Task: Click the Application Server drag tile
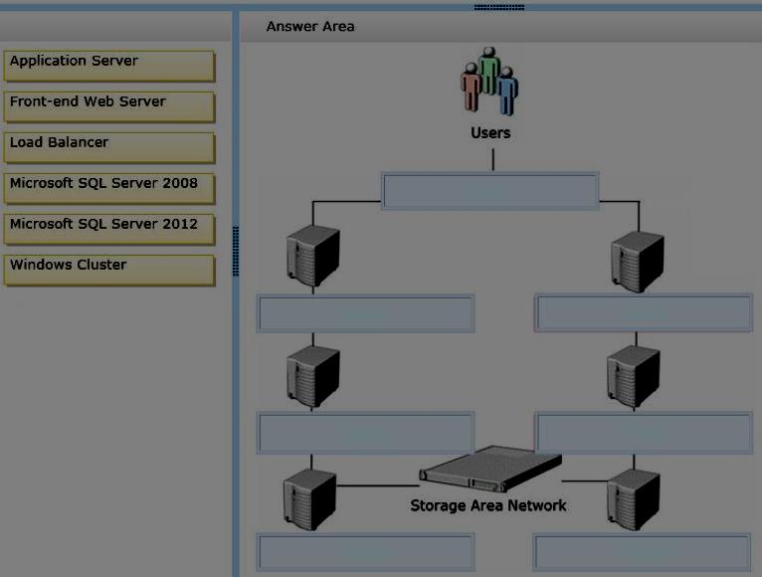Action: [x=109, y=66]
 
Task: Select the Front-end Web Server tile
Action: [x=109, y=106]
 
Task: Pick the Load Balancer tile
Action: [x=109, y=147]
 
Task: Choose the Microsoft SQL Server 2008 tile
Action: [x=109, y=188]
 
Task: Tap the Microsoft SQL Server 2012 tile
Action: [x=109, y=229]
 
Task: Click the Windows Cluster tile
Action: [x=109, y=270]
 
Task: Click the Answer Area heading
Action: [x=310, y=26]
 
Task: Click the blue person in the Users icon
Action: [x=507, y=91]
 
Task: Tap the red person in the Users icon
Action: [x=471, y=87]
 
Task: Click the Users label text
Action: [x=490, y=132]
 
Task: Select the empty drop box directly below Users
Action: [x=489, y=191]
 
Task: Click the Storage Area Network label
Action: [x=487, y=505]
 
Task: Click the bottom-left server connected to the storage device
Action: [x=309, y=499]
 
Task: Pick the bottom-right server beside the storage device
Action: [x=634, y=499]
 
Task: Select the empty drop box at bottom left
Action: [x=365, y=552]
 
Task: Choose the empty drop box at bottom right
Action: [x=642, y=552]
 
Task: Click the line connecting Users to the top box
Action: [x=492, y=160]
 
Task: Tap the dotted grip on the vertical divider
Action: [x=236, y=251]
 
